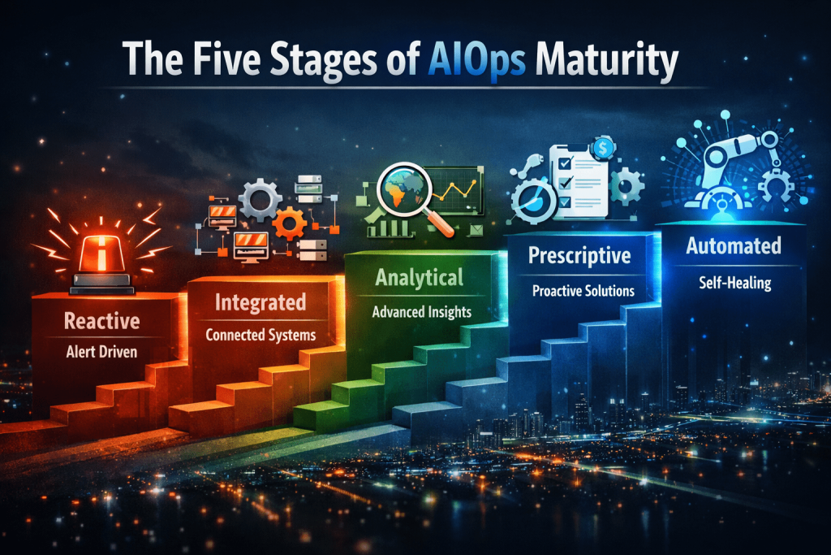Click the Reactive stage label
click(x=101, y=321)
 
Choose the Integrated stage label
click(x=260, y=303)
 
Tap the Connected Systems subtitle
click(x=260, y=334)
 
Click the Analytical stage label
click(x=420, y=278)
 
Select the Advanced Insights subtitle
click(x=420, y=311)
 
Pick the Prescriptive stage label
click(x=579, y=257)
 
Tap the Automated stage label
click(x=734, y=245)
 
